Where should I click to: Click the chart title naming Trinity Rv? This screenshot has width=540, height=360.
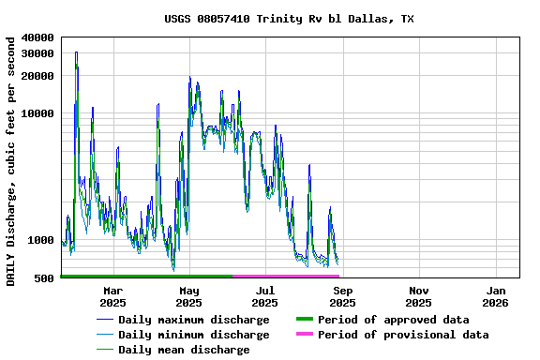click(289, 19)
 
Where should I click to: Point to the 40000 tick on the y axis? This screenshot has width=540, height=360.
click(38, 37)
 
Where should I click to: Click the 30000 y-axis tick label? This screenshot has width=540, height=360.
click(38, 53)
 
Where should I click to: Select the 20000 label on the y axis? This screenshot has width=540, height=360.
click(38, 76)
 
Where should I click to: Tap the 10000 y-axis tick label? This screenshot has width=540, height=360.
click(38, 114)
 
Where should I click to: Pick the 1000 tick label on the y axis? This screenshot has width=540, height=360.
click(41, 240)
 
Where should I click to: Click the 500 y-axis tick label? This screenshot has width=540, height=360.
click(44, 278)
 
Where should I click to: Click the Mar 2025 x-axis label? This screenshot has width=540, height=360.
click(112, 296)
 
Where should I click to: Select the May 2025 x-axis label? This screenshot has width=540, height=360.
click(188, 296)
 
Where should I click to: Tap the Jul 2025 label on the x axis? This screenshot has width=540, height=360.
click(265, 296)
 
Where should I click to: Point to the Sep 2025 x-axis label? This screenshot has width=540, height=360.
click(342, 296)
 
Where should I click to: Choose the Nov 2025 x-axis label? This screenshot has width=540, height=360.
click(419, 296)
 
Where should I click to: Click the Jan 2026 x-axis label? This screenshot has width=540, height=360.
click(496, 296)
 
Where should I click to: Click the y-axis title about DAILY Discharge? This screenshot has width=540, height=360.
click(11, 161)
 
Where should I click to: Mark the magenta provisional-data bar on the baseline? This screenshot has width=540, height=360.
click(285, 277)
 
